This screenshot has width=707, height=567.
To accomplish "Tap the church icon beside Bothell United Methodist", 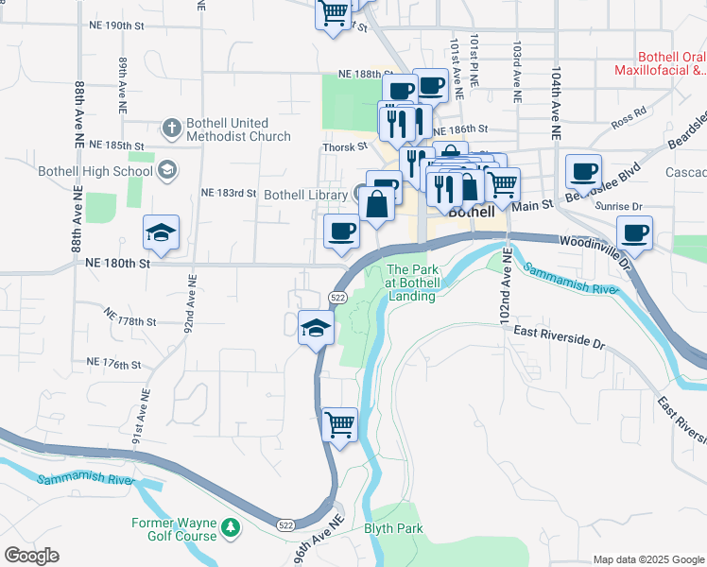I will click(171, 127).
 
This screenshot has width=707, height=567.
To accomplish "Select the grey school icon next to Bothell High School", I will click(167, 170).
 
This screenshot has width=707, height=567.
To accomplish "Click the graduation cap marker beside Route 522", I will click(316, 328).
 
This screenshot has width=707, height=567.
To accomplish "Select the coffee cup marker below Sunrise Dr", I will click(634, 232).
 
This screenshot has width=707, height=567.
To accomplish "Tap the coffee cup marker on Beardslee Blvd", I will click(584, 172).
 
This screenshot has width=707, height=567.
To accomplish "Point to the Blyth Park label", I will click(394, 529).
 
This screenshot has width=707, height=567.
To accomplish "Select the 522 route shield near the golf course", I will click(285, 524).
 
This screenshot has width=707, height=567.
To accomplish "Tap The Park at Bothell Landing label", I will click(412, 283).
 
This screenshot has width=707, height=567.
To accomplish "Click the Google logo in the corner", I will click(31, 556).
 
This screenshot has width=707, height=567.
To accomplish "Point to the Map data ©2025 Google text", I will click(648, 559).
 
